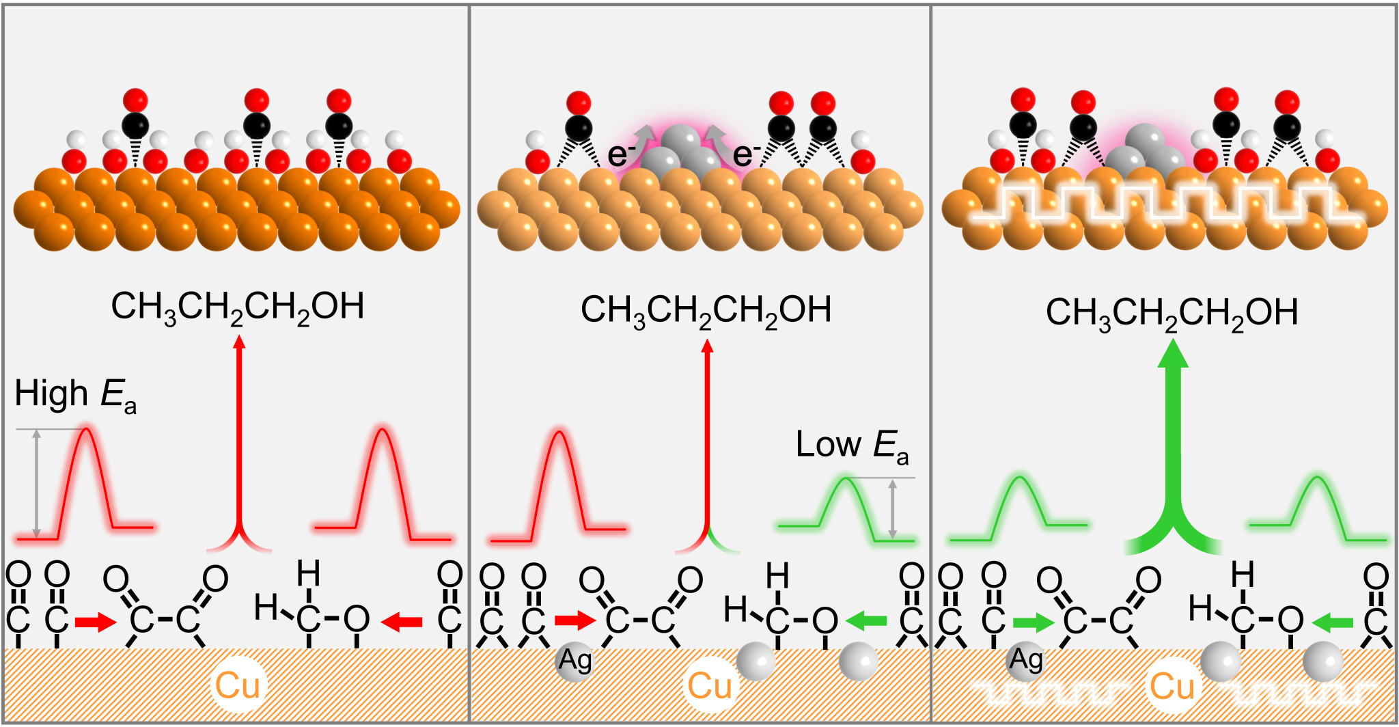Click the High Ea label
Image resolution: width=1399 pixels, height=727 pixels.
[75, 396]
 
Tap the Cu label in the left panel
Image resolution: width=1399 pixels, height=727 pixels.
[237, 686]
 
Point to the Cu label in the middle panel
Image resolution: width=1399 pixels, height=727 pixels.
[710, 686]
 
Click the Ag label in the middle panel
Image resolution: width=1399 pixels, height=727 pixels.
[575, 660]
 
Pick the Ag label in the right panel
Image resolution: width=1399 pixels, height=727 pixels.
[1026, 659]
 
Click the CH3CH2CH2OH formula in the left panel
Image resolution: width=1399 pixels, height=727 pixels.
[237, 307]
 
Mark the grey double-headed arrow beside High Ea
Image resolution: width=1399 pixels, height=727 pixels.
[37, 482]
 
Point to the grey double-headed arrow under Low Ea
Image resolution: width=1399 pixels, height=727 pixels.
[892, 508]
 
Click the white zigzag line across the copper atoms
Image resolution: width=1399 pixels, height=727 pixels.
[1161, 205]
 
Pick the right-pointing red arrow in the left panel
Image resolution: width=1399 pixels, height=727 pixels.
[96, 622]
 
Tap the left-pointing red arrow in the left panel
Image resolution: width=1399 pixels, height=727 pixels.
[401, 622]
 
